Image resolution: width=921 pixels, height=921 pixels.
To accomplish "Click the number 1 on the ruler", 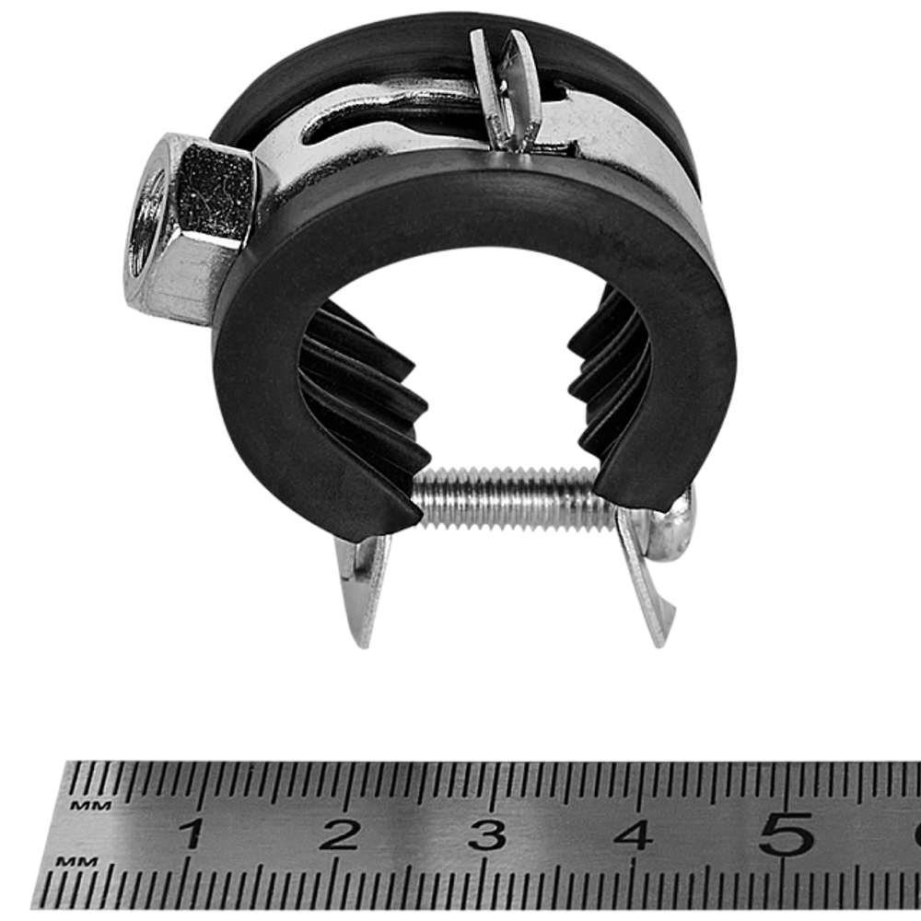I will pyautogui.click(x=192, y=834).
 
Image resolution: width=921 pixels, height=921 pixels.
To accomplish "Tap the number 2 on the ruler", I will pyautogui.click(x=339, y=834).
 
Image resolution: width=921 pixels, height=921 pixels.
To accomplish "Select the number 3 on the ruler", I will pyautogui.click(x=486, y=834).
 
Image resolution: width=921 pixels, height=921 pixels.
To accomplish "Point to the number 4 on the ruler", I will pyautogui.click(x=634, y=834).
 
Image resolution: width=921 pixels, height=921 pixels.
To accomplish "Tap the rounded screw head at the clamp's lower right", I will pyautogui.click(x=677, y=525).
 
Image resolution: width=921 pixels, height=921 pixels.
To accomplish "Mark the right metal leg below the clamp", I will pyautogui.click(x=649, y=580).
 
